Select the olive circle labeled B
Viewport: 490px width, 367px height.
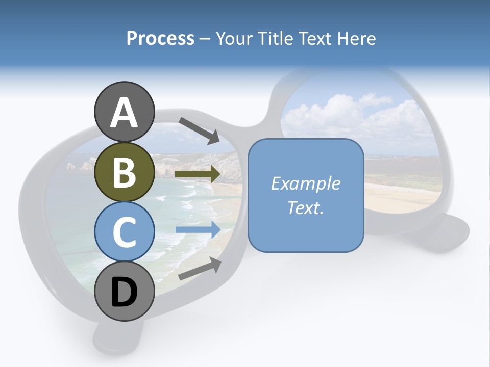click(124, 172)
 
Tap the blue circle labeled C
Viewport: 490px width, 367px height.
click(124, 232)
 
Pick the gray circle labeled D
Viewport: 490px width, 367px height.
click(124, 292)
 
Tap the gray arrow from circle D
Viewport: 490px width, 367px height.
click(200, 269)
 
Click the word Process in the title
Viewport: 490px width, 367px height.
click(160, 38)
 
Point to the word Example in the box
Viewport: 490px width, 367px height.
click(305, 183)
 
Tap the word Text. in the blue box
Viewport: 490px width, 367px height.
click(305, 207)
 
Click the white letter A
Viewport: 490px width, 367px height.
click(124, 113)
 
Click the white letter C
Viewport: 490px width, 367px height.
click(124, 232)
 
